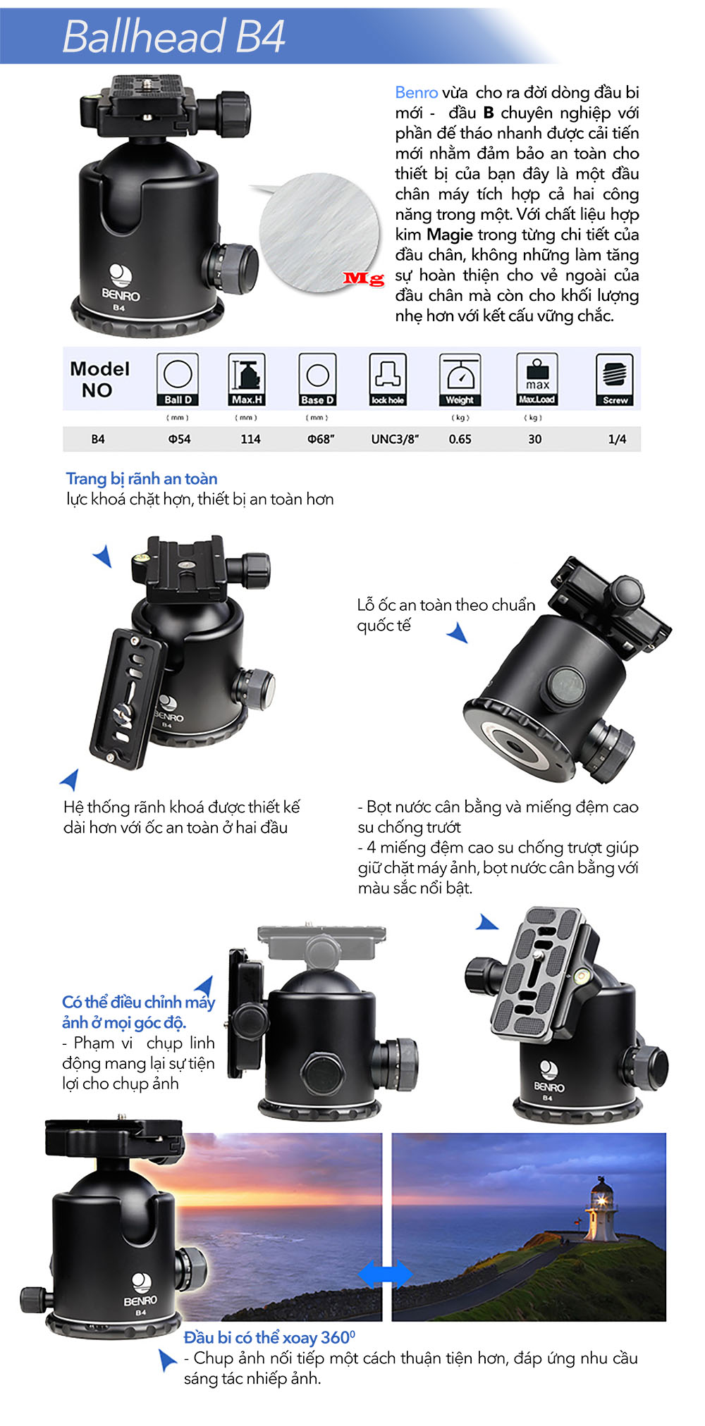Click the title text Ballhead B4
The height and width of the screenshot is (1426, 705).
pos(173,37)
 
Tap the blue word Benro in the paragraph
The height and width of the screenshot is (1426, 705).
pos(416,92)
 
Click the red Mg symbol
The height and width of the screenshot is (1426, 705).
pos(364,278)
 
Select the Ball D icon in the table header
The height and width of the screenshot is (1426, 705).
pos(178,379)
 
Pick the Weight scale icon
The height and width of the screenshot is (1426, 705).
pos(460,379)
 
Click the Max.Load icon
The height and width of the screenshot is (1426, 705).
pos(537,379)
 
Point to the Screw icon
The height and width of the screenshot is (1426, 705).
pos(615,379)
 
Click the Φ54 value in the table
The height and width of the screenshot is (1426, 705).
pos(179,439)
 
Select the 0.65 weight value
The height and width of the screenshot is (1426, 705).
pos(460,439)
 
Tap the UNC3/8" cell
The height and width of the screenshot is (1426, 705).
pos(395,439)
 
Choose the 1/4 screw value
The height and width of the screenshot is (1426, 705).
pos(617,439)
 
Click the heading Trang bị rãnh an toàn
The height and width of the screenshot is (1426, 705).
pos(142,479)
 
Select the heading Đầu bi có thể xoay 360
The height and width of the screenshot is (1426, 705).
pos(269,1337)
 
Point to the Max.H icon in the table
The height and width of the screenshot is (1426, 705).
pos(247,379)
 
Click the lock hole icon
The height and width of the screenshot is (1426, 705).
pos(388,379)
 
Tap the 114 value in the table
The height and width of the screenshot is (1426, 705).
pos(250,439)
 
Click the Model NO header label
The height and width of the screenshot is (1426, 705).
pos(99,379)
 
